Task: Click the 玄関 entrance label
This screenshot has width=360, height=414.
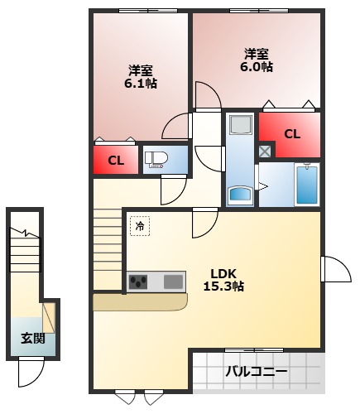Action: point(33,339)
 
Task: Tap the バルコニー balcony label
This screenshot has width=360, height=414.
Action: point(257,372)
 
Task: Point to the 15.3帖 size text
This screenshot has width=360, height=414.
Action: point(223,286)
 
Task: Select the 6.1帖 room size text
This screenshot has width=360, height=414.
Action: point(141,84)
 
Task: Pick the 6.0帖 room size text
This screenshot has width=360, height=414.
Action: point(257,67)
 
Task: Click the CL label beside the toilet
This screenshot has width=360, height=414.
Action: point(116,161)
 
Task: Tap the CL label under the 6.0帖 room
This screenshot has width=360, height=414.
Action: point(291,134)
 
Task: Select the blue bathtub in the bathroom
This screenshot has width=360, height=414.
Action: point(306,184)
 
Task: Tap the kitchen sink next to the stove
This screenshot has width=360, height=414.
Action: point(174,282)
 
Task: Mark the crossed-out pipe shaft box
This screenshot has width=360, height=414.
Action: point(264,151)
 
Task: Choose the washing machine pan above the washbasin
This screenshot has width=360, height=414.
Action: point(241,127)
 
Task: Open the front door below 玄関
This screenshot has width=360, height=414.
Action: point(31,373)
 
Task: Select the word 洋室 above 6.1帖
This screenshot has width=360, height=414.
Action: point(141,70)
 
